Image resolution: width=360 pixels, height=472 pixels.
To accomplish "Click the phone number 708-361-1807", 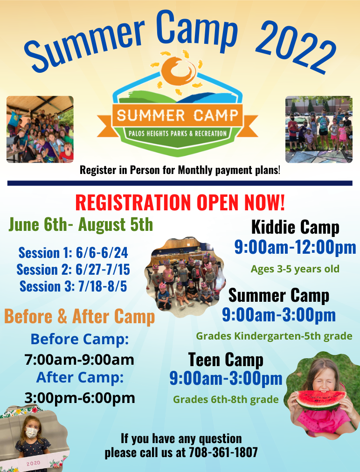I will tap(223, 452).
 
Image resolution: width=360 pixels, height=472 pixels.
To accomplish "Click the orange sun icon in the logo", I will tap(179, 70).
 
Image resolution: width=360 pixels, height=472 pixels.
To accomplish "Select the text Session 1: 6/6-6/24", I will tap(73, 253).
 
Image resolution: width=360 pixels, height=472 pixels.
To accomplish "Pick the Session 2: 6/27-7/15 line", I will tap(73, 270).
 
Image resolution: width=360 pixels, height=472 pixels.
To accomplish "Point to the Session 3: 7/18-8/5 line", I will tap(73, 286).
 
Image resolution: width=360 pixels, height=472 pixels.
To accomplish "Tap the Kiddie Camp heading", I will tap(295, 227).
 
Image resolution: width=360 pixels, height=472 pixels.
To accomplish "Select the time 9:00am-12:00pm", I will tap(295, 247).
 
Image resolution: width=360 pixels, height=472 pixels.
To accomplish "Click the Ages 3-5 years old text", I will tap(295, 269).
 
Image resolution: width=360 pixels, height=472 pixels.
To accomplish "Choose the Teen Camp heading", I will tap(226, 360).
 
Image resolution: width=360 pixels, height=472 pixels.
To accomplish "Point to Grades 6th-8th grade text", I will tap(226, 399).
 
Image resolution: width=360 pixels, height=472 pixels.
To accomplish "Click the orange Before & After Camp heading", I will tap(79, 317).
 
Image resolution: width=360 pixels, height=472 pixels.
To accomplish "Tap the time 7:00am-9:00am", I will tap(79, 360).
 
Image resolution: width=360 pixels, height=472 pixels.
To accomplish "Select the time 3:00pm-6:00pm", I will tap(80, 398).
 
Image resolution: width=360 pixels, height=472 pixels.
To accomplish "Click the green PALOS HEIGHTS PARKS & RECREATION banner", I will tap(179, 134).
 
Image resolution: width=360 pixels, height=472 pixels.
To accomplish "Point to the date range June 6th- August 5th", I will tap(81, 224).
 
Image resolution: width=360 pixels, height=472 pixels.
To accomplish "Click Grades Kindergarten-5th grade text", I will tap(274, 336).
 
